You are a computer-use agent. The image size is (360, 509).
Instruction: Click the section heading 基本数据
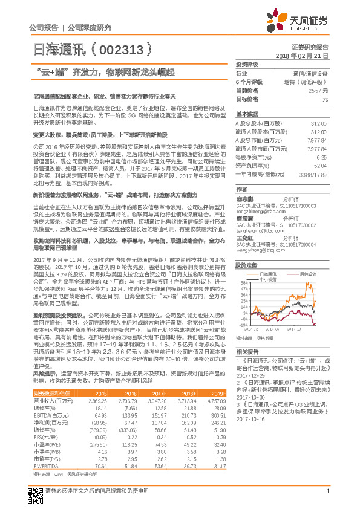247,114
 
